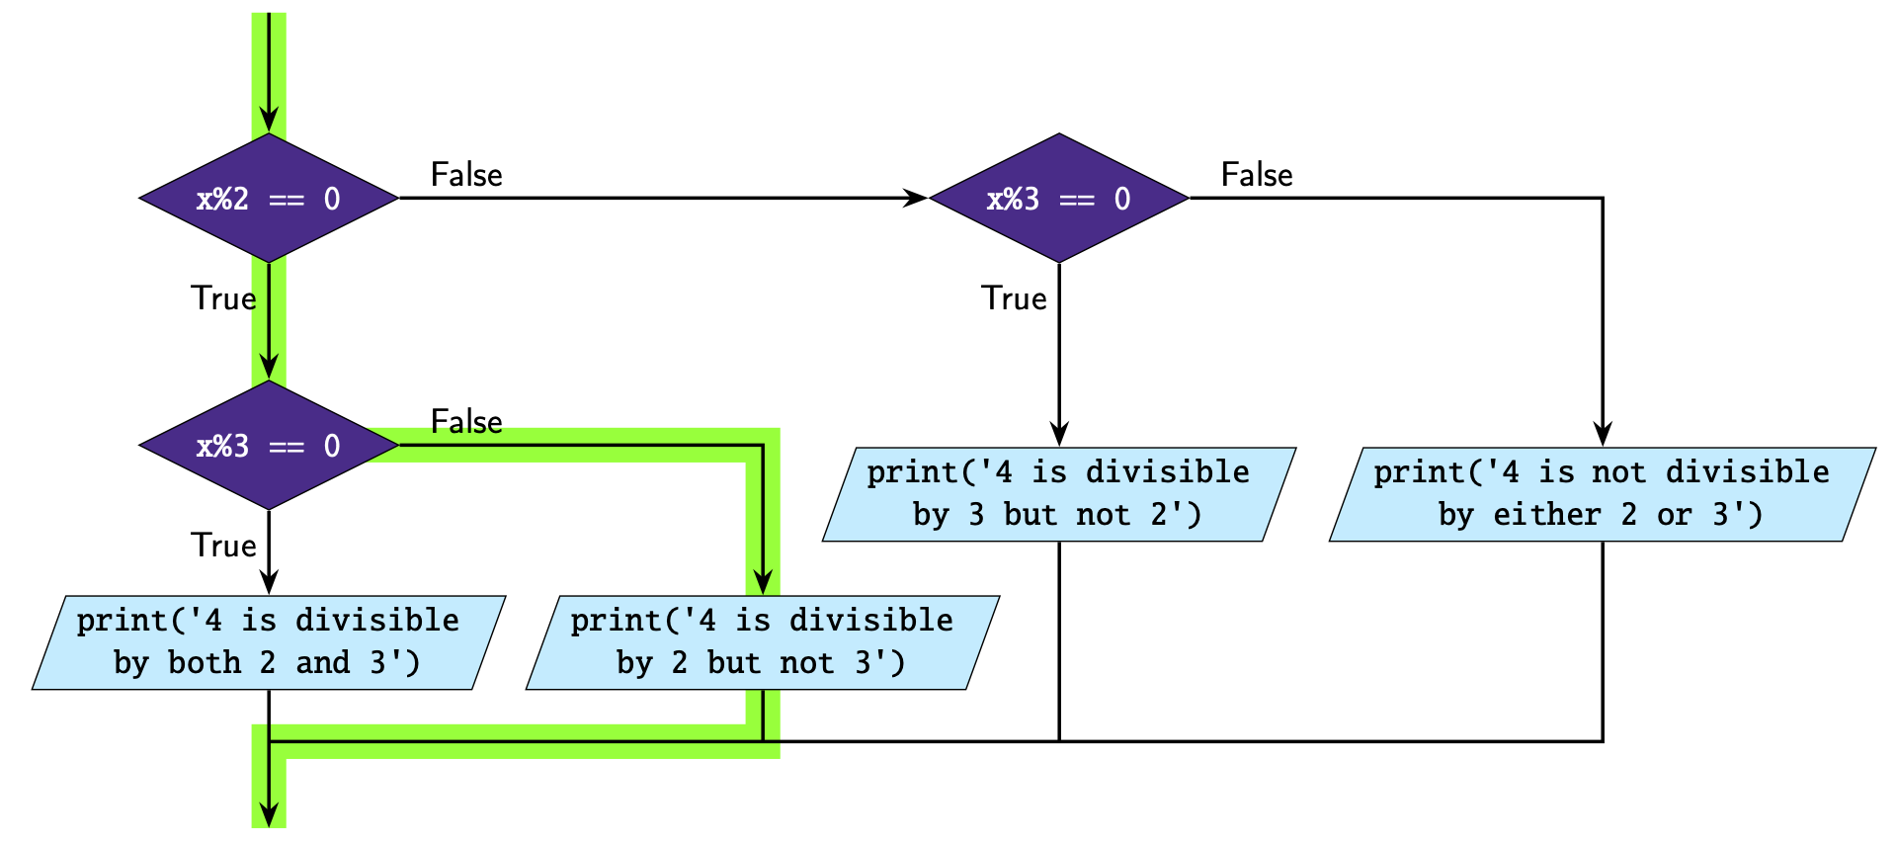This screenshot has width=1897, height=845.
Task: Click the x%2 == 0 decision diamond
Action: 269,199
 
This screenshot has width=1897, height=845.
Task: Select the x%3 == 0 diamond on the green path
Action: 269,446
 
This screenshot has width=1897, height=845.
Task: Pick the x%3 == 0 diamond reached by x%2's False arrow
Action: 1059,199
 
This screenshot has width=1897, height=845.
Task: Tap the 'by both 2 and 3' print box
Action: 269,642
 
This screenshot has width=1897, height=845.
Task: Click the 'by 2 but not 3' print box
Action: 763,642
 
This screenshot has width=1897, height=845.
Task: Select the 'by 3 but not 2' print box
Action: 1059,494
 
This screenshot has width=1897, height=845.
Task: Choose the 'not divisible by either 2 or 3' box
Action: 1602,494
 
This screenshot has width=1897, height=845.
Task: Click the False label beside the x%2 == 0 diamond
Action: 466,175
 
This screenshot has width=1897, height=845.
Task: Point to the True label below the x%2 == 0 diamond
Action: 223,298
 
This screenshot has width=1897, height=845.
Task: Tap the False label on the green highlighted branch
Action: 466,422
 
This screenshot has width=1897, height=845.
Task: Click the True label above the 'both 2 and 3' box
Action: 223,546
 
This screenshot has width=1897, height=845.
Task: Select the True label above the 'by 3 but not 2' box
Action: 1014,298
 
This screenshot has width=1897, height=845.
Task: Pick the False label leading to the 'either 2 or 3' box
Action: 1257,175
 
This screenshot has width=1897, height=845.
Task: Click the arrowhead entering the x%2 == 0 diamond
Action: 269,122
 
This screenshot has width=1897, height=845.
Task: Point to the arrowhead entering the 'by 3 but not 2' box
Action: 1059,435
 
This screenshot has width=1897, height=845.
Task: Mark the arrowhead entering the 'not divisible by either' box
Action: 1603,435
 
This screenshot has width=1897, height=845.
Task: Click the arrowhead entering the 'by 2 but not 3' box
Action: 763,583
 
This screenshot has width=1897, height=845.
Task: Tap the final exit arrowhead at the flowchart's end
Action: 269,815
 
